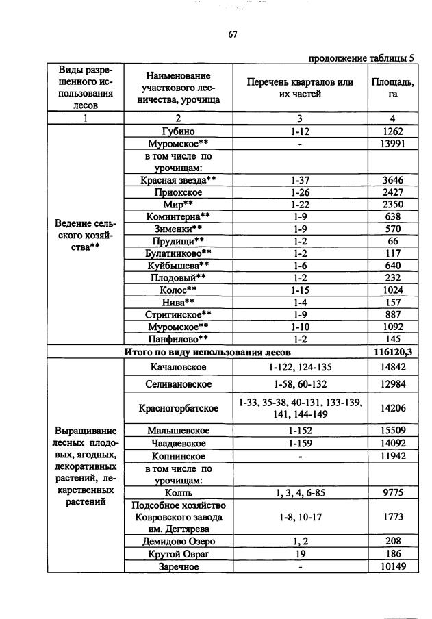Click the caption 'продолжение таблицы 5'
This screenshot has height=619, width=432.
pyautogui.click(x=361, y=58)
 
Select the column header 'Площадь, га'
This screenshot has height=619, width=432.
pyautogui.click(x=392, y=88)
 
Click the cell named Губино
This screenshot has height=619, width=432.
pyautogui.click(x=178, y=131)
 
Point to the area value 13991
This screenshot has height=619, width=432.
pyautogui.click(x=392, y=144)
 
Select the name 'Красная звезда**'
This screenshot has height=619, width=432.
pyautogui.click(x=178, y=181)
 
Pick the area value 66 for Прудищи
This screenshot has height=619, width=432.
pyautogui.click(x=392, y=242)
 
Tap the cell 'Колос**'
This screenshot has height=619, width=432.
pyautogui.click(x=178, y=290)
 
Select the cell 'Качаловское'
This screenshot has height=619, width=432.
pyautogui.click(x=178, y=367)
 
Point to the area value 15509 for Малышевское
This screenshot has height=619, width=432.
pyautogui.click(x=392, y=431)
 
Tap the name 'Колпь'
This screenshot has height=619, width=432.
pyautogui.click(x=178, y=493)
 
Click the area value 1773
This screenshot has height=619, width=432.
pyautogui.click(x=392, y=517)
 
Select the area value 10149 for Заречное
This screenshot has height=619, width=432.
pyautogui.click(x=392, y=566)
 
